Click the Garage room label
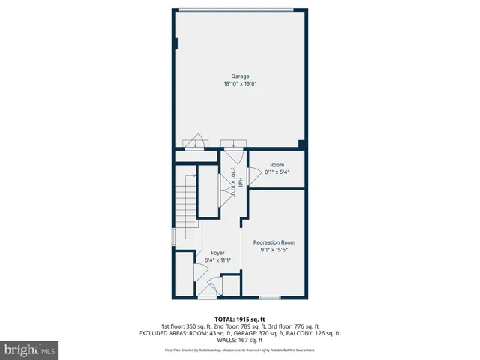240,76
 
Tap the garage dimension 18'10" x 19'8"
240,84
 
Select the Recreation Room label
274,241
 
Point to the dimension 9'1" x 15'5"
274,250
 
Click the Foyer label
217,253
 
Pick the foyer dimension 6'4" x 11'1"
217,261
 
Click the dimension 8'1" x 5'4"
277,172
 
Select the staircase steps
185,197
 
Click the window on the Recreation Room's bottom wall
270,298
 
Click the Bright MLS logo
30,349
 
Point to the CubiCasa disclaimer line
240,350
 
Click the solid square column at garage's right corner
301,144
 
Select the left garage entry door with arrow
196,142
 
